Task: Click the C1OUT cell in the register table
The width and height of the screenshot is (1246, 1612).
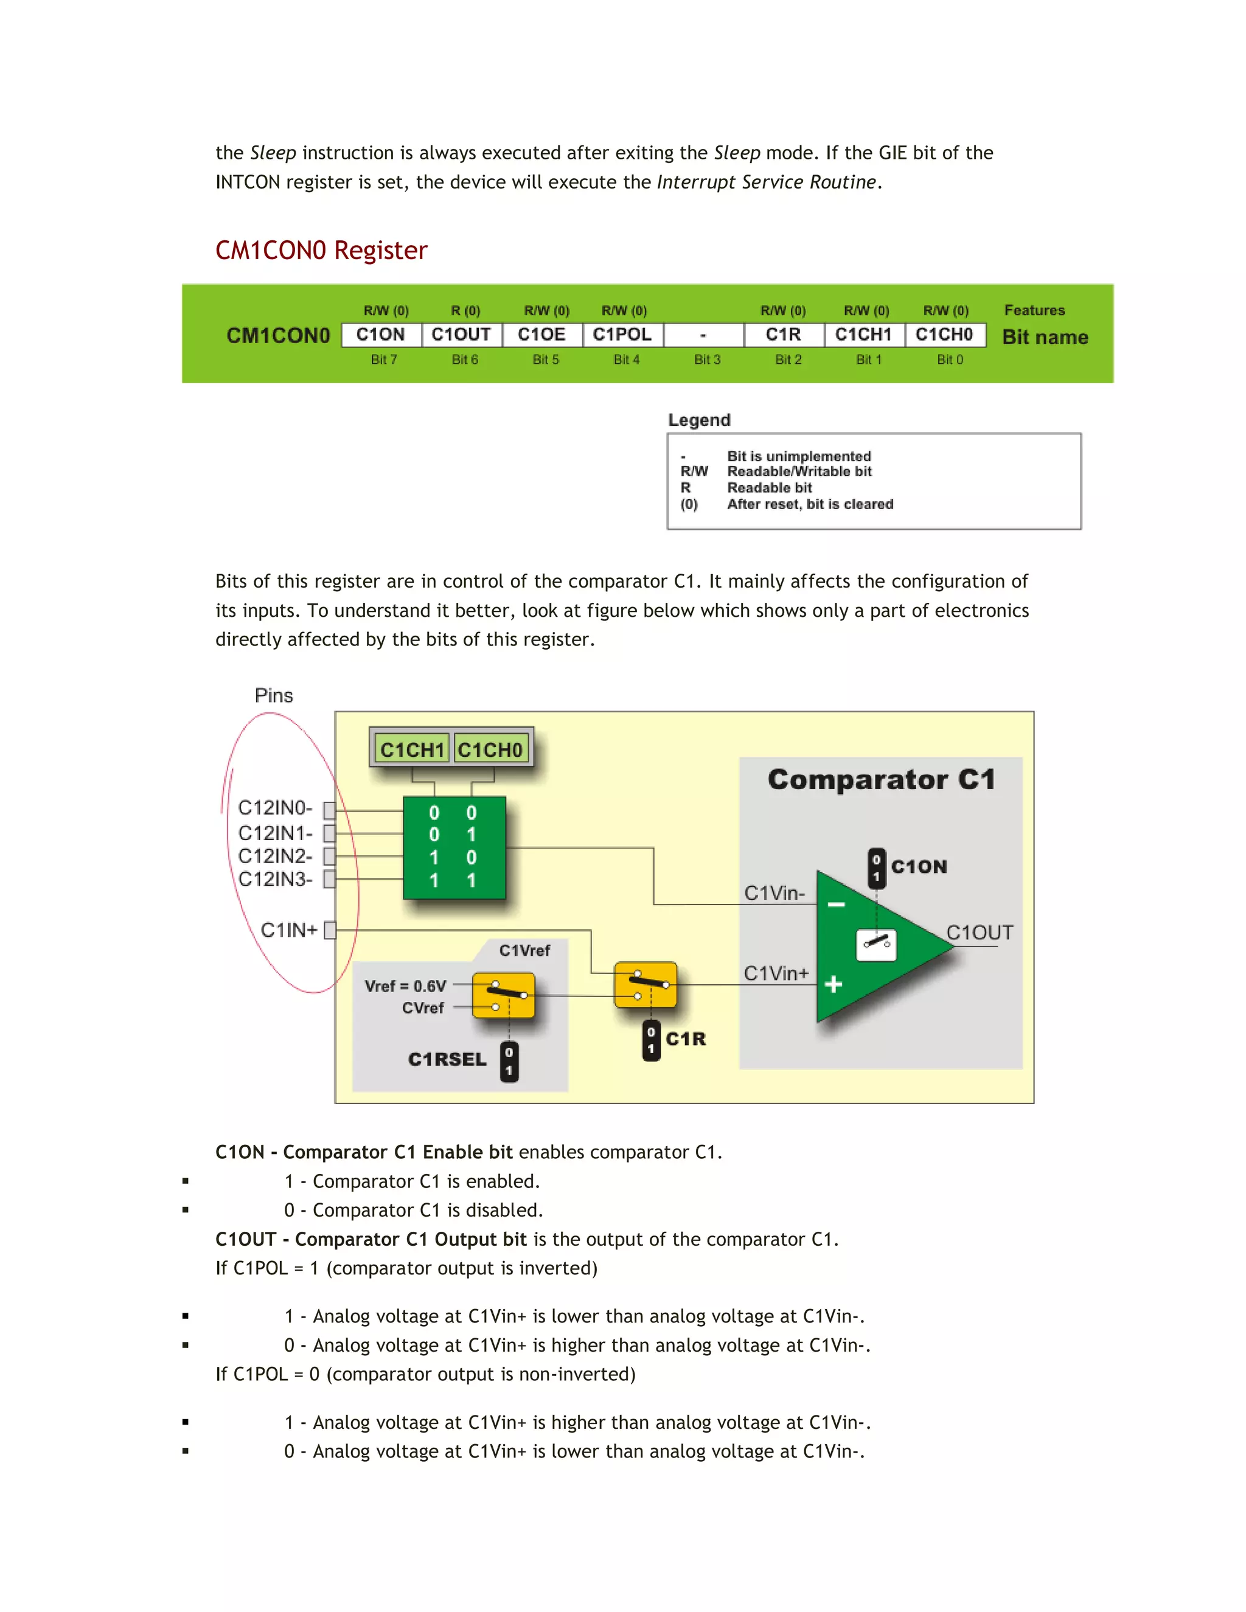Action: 461,335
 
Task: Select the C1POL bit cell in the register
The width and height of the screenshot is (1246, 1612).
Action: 622,335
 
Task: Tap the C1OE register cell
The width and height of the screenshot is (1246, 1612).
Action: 542,335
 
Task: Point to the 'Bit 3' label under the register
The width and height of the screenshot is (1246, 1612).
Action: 707,360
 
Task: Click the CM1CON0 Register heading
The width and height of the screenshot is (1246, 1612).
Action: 321,250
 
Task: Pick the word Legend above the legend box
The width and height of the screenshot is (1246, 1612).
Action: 699,420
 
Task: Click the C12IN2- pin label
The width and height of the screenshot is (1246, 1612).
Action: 276,856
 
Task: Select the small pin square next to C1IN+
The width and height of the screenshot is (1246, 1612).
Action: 330,930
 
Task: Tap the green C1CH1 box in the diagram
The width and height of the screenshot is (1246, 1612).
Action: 412,749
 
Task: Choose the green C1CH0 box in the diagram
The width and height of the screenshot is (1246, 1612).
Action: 490,749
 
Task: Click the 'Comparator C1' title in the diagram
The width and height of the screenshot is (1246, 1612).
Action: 882,779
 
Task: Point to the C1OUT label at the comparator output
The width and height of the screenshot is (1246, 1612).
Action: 980,933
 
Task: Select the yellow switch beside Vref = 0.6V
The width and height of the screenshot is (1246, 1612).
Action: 503,995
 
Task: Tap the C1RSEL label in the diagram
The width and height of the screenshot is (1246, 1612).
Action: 447,1059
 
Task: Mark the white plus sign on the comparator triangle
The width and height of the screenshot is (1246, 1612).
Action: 834,984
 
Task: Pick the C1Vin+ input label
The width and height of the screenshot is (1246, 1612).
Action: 776,973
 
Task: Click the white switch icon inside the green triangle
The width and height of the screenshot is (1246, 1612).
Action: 876,945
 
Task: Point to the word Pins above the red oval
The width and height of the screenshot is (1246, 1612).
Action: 274,695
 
